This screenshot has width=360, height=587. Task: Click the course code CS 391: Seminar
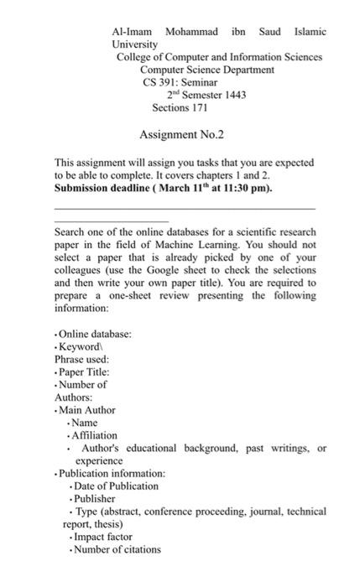pyautogui.click(x=180, y=82)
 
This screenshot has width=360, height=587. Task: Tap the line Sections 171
pyautogui.click(x=180, y=108)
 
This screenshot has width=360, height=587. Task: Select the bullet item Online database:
pyautogui.click(x=95, y=334)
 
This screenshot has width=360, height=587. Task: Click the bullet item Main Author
pyautogui.click(x=87, y=410)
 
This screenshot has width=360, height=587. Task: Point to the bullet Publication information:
pyautogui.click(x=112, y=473)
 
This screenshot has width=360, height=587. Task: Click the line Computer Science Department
pyautogui.click(x=206, y=70)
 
